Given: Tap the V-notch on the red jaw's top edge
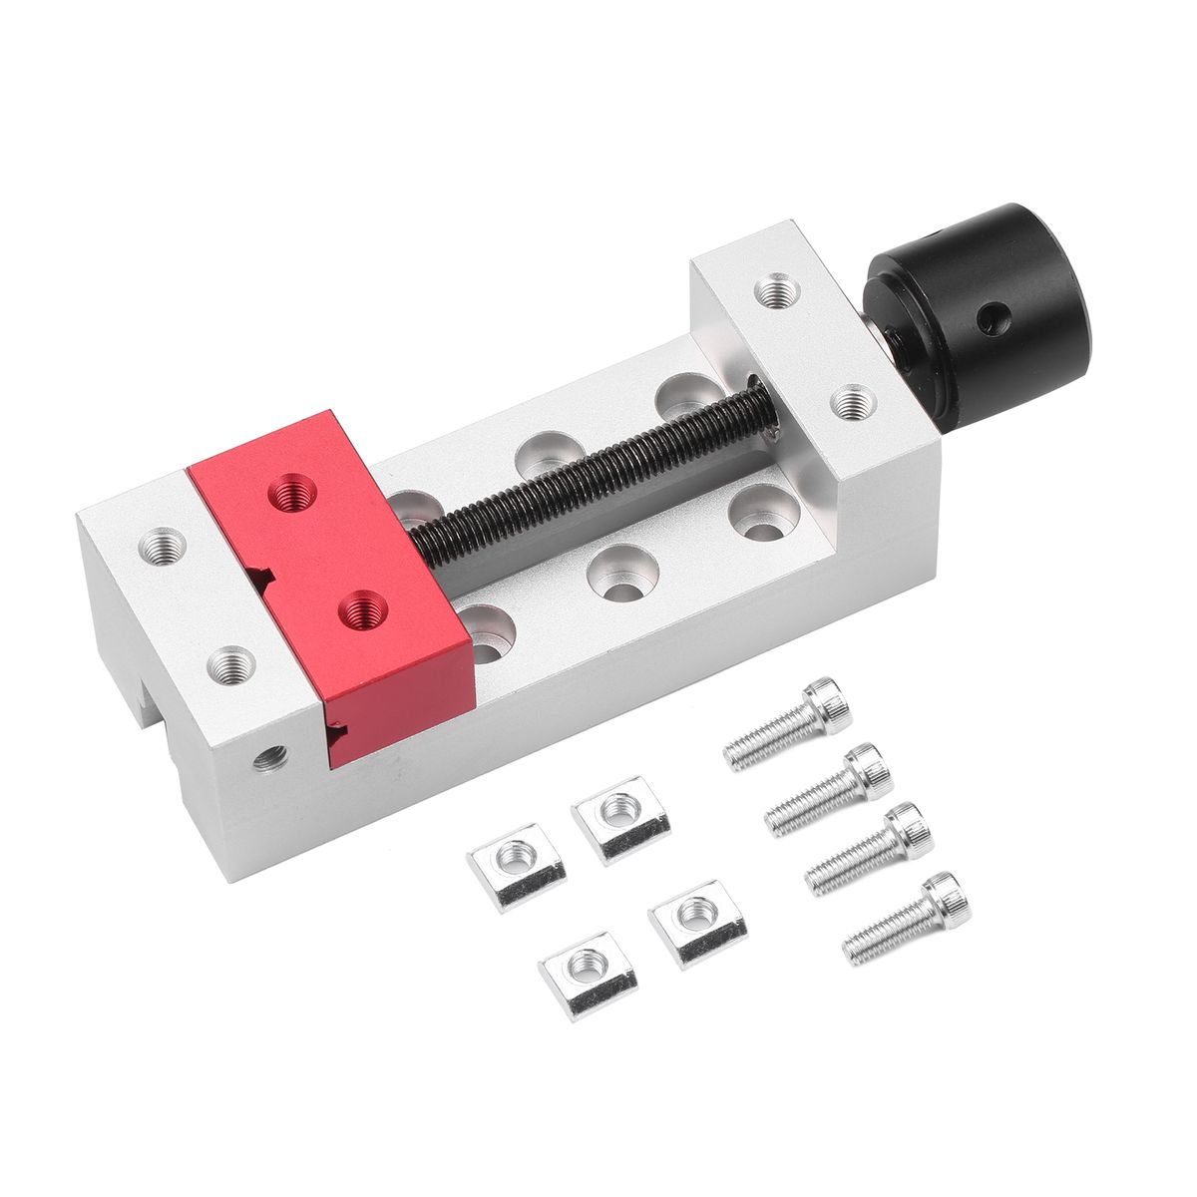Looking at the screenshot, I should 261,576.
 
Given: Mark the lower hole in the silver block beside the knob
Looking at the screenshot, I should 850,403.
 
